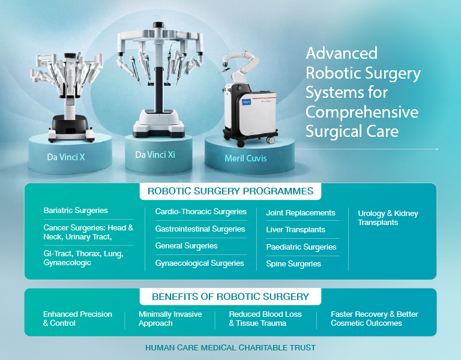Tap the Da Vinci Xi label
pyautogui.click(x=155, y=155)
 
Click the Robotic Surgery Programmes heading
pyautogui.click(x=230, y=191)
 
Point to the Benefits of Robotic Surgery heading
pyautogui.click(x=230, y=296)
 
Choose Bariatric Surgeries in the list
pyautogui.click(x=76, y=211)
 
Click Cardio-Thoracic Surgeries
pyautogui.click(x=201, y=212)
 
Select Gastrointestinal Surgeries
pyautogui.click(x=200, y=229)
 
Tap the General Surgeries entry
pyautogui.click(x=186, y=246)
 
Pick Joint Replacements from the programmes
pyautogui.click(x=301, y=212)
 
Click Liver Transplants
pyautogui.click(x=296, y=230)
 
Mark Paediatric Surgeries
pyautogui.click(x=301, y=247)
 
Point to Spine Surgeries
pyautogui.click(x=294, y=264)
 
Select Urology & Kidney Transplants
pyautogui.click(x=388, y=218)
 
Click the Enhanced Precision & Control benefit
pyautogui.click(x=77, y=319)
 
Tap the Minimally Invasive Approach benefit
pyautogui.click(x=170, y=319)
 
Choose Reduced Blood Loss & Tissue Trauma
pyautogui.click(x=265, y=319)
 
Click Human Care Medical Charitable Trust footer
pyautogui.click(x=230, y=347)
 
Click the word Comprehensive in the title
pyautogui.click(x=362, y=112)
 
